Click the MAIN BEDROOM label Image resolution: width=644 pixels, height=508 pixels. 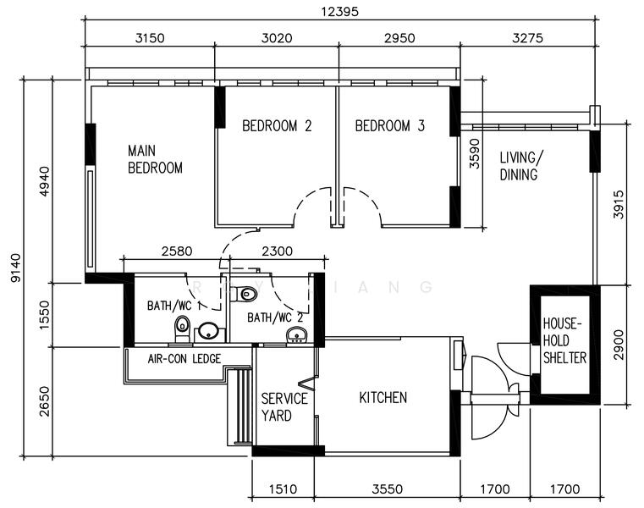coord(155,159)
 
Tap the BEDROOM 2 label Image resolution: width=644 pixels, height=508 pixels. coord(277,126)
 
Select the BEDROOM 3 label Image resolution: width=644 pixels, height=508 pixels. coord(389,126)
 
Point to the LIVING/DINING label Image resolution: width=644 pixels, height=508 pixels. coord(522,166)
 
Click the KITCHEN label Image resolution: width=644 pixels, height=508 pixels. coord(383,397)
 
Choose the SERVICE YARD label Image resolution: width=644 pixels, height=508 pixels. coord(284,407)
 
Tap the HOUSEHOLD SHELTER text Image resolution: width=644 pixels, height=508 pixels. coord(564,341)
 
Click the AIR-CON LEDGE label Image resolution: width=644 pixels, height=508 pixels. coord(184,359)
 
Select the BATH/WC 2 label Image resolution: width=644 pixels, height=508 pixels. coord(275,317)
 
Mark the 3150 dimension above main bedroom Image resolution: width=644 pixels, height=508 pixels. coord(149,37)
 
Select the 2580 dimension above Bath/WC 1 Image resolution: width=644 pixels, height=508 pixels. coord(177,251)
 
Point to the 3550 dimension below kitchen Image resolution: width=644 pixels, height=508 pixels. coord(388,489)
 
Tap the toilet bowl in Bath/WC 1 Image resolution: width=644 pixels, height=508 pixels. coord(182,327)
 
